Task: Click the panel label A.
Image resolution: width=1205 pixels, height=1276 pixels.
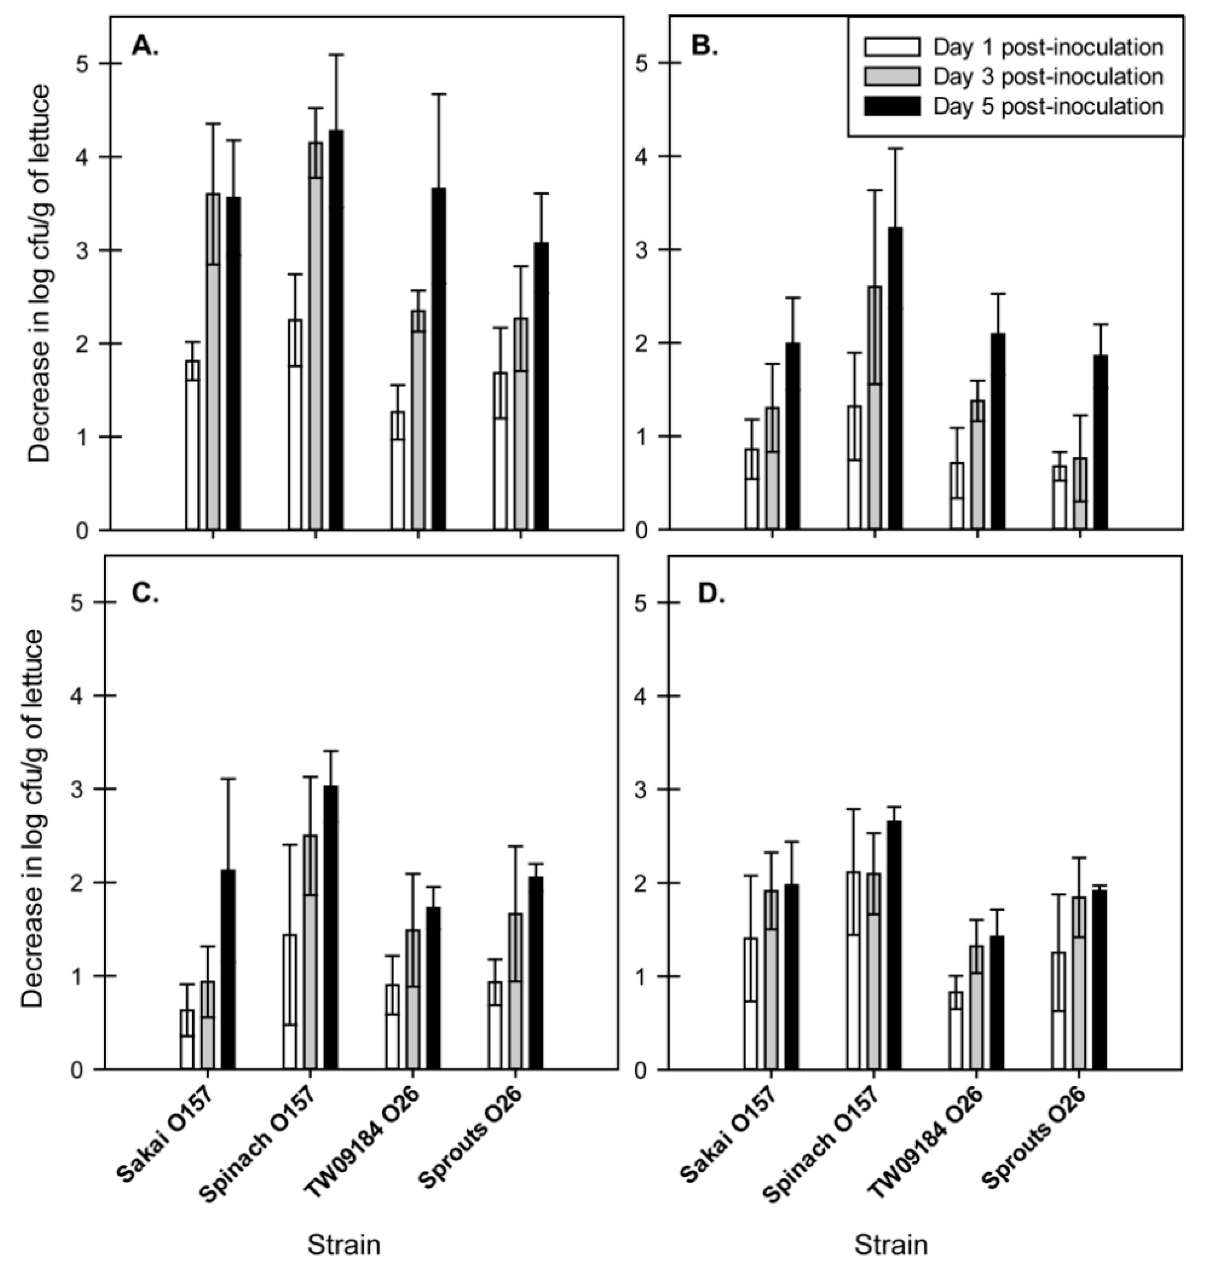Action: [145, 46]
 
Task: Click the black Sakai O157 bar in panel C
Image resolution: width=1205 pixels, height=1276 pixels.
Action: [228, 970]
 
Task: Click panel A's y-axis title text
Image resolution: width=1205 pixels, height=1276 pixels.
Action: [40, 273]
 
